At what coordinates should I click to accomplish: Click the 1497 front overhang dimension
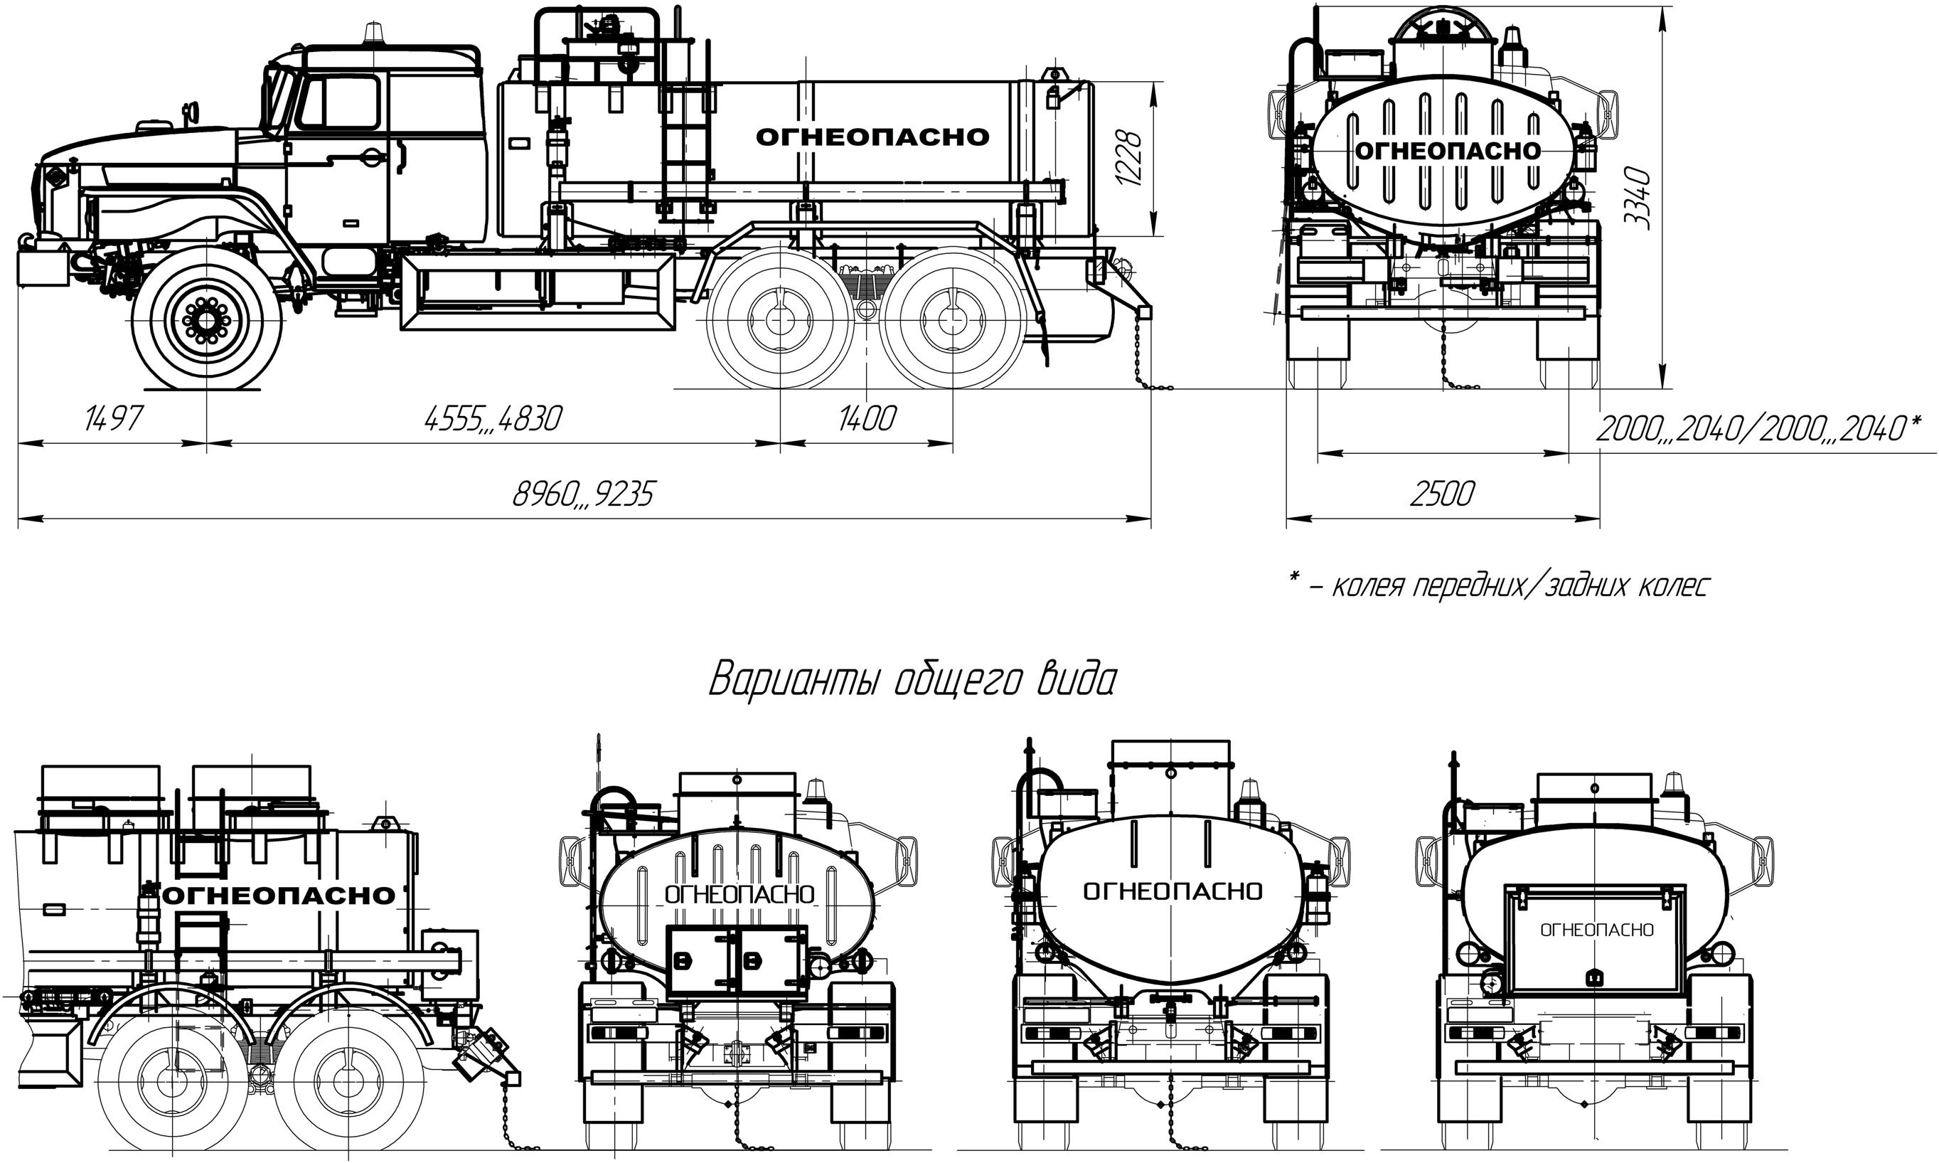click(x=114, y=419)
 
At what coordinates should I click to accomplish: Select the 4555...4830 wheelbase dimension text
click(x=493, y=419)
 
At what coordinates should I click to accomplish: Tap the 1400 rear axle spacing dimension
click(x=867, y=419)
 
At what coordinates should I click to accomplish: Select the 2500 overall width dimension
click(x=1442, y=494)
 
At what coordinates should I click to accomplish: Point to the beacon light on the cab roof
click(x=370, y=36)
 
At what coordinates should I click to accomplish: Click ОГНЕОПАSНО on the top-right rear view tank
click(x=1447, y=152)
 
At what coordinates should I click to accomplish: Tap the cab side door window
click(x=339, y=102)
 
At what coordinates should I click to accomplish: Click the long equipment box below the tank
click(x=537, y=292)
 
